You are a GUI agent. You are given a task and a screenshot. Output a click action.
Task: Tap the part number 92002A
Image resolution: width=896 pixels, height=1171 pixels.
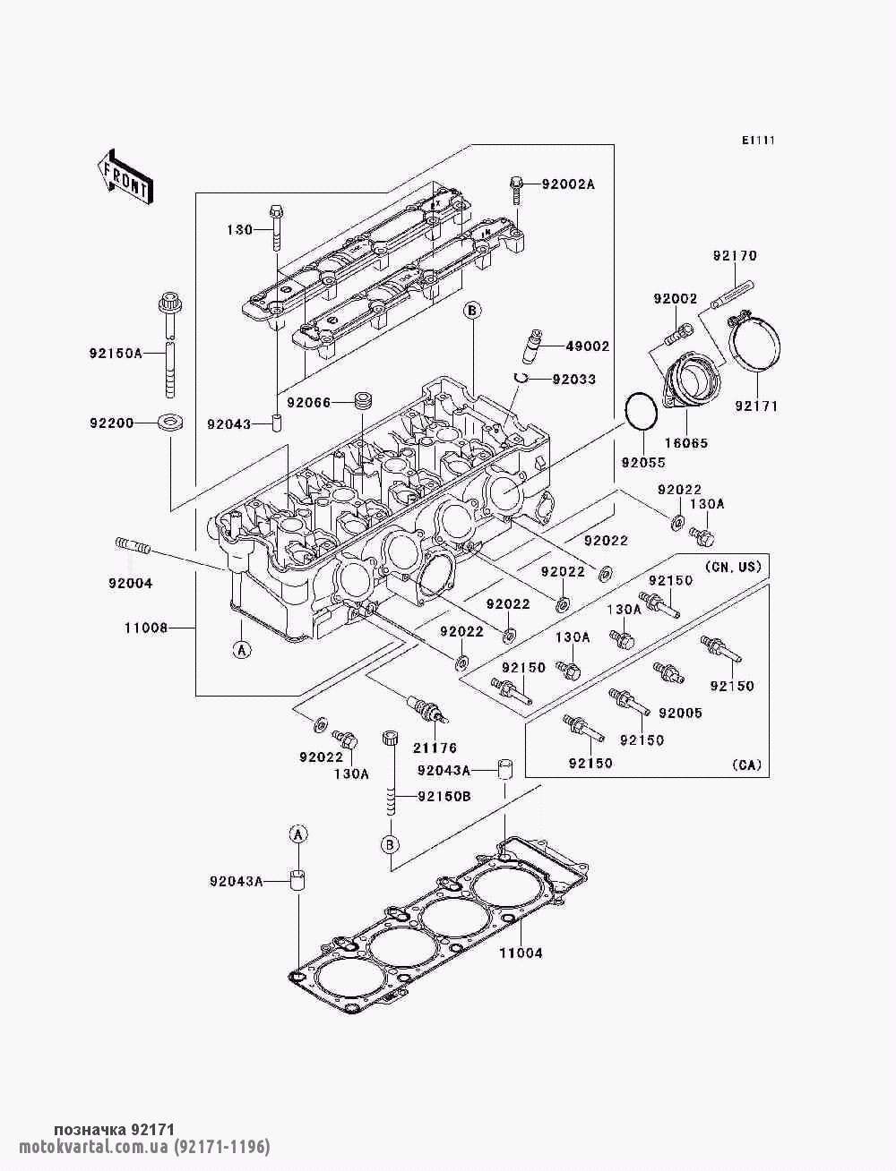click(568, 184)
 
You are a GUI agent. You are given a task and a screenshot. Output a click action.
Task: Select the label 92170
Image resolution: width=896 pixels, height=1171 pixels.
click(735, 255)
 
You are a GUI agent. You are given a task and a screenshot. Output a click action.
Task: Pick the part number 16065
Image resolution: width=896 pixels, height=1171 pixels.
click(686, 443)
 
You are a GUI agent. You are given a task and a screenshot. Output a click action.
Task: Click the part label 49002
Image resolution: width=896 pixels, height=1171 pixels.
click(588, 346)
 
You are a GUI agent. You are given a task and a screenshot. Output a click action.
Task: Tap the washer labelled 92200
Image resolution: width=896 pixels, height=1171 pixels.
click(170, 423)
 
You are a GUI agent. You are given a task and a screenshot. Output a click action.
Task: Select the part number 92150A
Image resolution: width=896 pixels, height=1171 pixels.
click(116, 353)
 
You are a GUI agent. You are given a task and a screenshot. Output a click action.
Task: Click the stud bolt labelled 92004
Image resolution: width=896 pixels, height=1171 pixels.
click(133, 546)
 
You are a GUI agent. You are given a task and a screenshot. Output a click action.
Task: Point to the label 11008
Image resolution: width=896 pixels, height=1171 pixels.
click(146, 628)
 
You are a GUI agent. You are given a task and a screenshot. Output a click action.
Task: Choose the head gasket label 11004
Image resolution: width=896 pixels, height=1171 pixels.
click(521, 953)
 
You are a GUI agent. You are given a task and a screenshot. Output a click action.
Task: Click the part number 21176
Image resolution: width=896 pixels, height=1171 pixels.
click(435, 748)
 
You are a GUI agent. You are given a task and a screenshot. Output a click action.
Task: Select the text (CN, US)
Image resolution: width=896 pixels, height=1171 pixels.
click(733, 566)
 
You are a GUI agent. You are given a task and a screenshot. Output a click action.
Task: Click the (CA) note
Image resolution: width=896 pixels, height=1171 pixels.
click(746, 765)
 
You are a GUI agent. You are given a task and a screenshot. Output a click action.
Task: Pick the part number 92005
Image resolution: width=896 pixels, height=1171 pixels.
click(680, 713)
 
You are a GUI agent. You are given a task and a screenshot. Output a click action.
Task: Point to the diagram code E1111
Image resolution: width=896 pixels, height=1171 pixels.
click(758, 141)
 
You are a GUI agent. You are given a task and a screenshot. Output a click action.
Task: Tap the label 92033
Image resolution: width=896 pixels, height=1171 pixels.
click(574, 380)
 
